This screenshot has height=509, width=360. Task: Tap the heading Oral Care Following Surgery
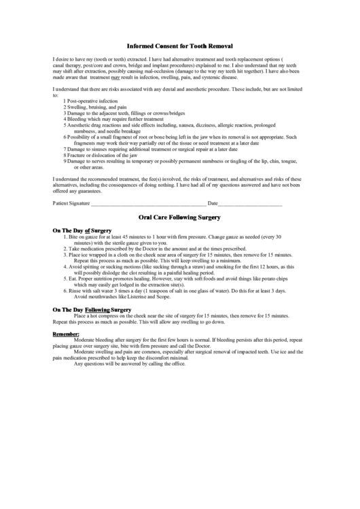179,218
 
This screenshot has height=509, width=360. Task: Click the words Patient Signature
71,203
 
